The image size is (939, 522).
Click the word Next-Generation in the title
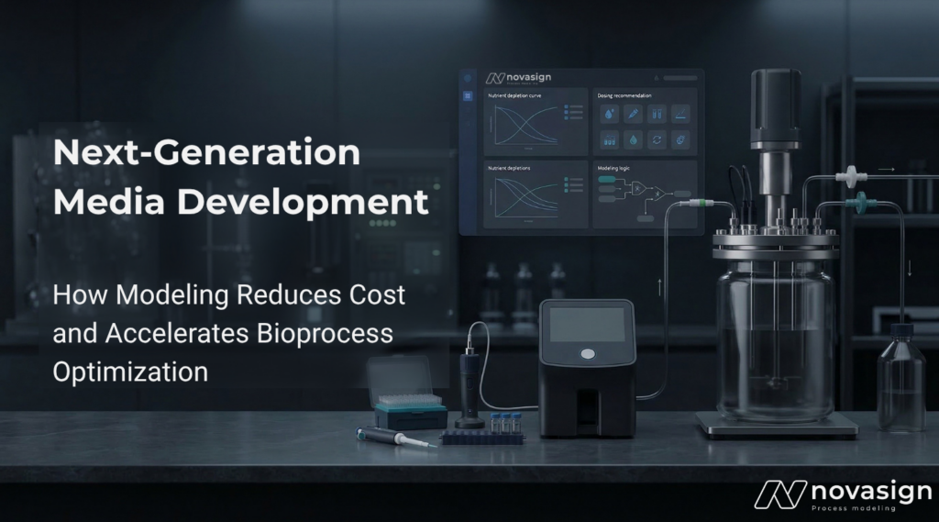click(206, 153)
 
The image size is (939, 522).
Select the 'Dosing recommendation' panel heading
click(624, 95)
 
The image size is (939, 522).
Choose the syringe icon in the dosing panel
click(632, 114)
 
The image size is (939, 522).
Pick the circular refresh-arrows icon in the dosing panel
click(656, 140)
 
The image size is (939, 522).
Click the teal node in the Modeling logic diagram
click(606, 183)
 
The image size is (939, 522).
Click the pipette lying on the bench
click(395, 437)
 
